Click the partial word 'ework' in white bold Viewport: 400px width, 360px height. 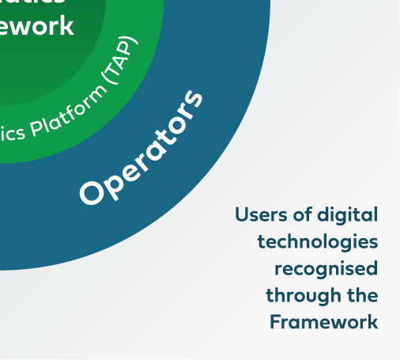pos(36,25)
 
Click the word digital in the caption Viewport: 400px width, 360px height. pos(348,214)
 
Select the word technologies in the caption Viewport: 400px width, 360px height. pos(318,241)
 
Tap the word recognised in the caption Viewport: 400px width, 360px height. pos(326,268)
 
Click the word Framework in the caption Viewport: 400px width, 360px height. pos(323,322)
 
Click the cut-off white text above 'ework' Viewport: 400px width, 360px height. pos(36,3)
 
